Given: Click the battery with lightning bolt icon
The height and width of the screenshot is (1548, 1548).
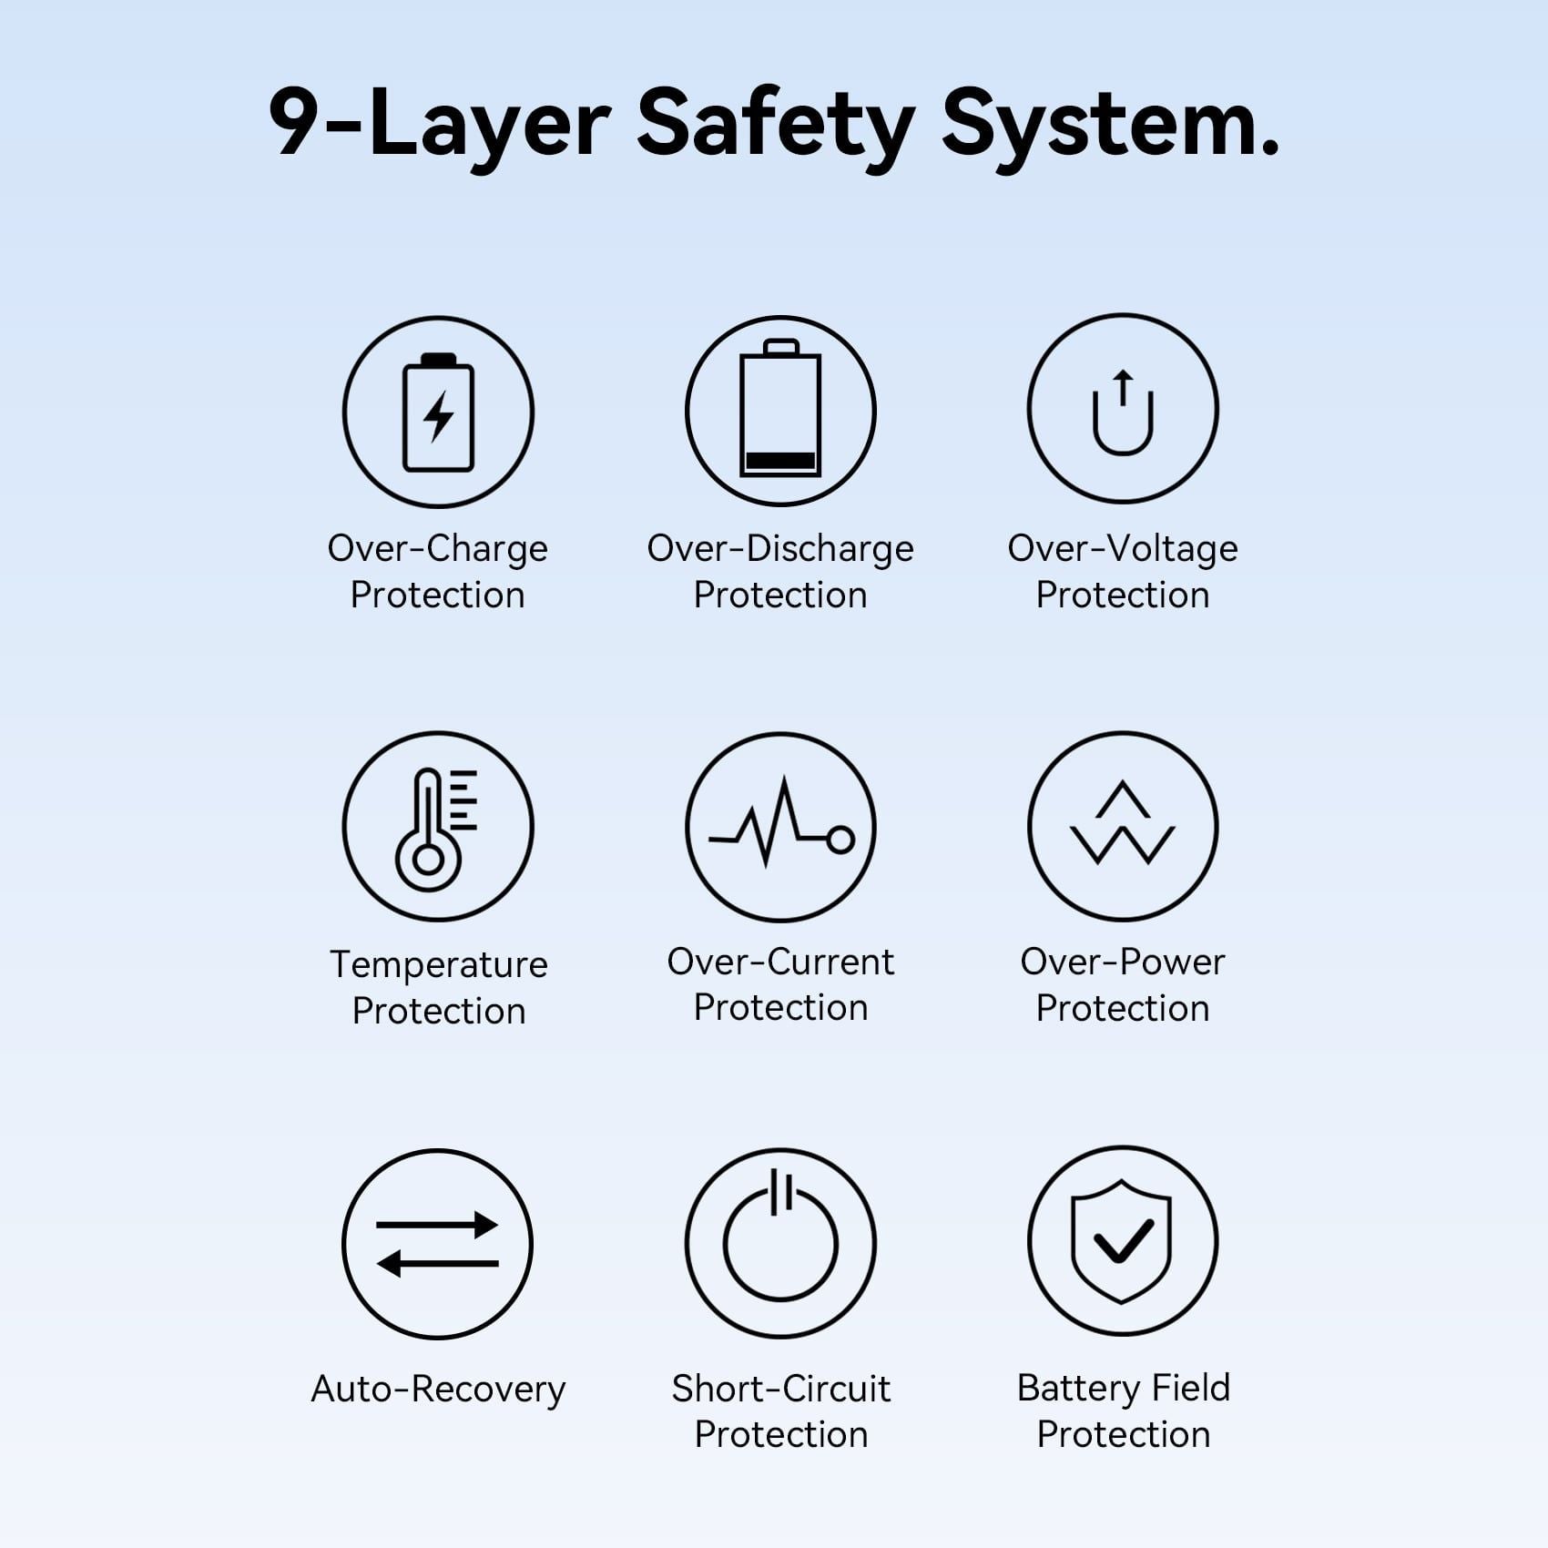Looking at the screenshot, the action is click(438, 412).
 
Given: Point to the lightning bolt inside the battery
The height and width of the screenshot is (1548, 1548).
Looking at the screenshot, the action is click(439, 417).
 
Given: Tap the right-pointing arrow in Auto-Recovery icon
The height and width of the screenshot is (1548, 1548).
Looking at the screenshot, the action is click(437, 1225).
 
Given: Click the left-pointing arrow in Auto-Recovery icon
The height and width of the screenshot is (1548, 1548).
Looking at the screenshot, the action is click(437, 1263).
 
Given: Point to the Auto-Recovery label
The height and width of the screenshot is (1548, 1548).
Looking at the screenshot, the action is click(438, 1390).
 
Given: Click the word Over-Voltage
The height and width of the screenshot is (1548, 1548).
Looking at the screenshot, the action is click(1123, 549).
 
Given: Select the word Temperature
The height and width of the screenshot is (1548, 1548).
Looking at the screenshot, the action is click(439, 965).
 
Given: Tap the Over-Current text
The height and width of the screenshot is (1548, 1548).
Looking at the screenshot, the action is click(780, 962).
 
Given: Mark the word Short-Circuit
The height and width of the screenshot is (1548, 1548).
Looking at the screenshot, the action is click(781, 1389).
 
